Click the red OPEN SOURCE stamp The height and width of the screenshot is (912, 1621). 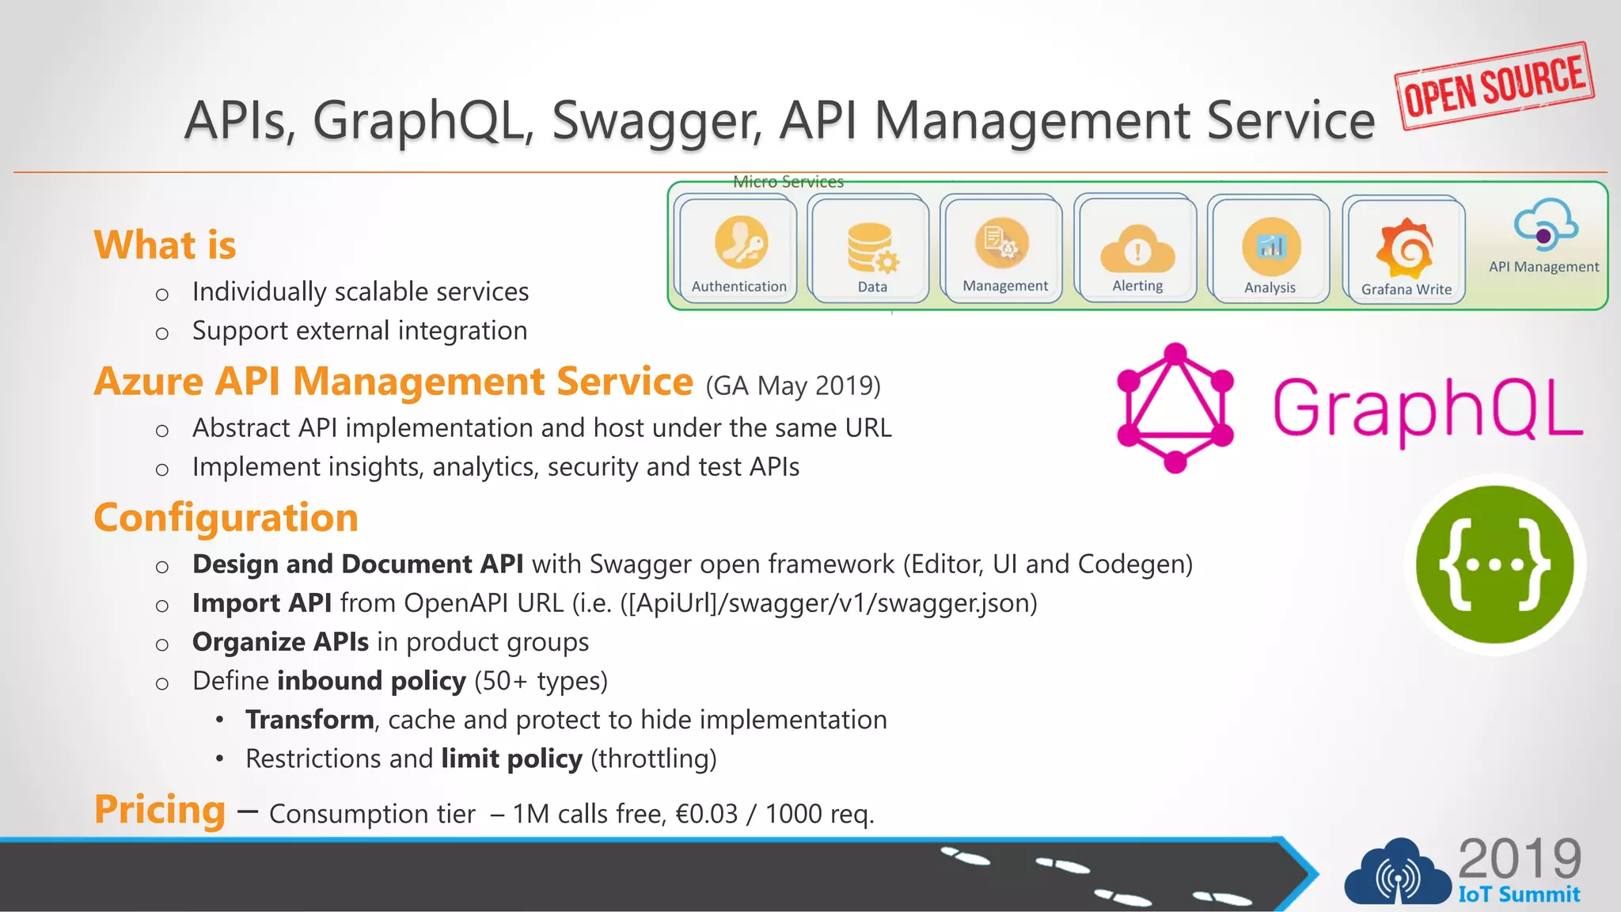click(1494, 85)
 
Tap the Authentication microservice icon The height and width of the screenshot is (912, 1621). click(741, 242)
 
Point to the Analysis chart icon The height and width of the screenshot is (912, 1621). click(1270, 247)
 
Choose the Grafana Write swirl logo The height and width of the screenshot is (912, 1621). click(1406, 247)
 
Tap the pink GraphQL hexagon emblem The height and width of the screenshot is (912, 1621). click(1175, 408)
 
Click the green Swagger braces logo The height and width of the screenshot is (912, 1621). click(1494, 564)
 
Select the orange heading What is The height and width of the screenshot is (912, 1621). click(165, 245)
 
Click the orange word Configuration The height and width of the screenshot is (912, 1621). click(226, 518)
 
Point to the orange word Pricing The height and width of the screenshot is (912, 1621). click(160, 810)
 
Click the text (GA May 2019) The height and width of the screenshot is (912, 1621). click(793, 386)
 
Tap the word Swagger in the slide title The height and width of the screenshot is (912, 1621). click(657, 121)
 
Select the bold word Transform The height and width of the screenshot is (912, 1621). click(309, 720)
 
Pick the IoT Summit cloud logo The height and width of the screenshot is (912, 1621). click(1397, 873)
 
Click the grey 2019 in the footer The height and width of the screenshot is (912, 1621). click(1520, 858)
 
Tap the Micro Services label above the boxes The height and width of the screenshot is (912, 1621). click(788, 182)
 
